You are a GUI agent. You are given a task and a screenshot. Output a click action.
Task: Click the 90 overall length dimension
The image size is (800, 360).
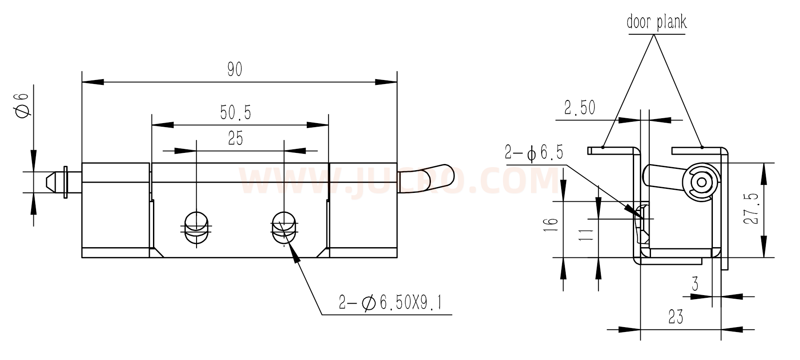click(234, 69)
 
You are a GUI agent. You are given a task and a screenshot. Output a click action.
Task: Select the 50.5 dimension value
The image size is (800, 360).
click(236, 112)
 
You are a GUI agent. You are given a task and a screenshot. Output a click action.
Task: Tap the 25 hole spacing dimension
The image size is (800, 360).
click(236, 139)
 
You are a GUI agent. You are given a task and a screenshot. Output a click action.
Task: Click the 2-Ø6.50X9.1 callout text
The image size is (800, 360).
click(390, 303)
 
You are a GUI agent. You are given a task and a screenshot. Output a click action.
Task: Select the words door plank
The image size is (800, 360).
click(656, 21)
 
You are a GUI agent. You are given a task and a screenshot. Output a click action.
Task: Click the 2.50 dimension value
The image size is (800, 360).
click(579, 108)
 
